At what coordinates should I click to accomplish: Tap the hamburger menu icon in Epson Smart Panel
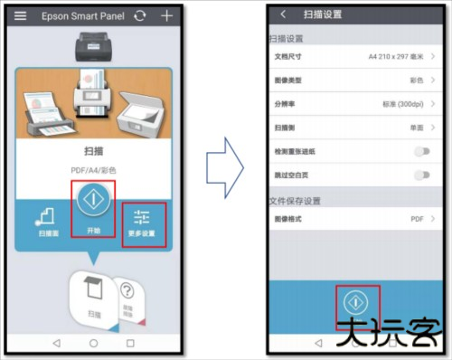tap(20, 16)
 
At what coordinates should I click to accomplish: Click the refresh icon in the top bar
tap(138, 16)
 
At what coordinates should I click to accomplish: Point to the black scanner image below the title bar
tap(93, 43)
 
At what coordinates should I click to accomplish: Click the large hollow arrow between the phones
tap(221, 166)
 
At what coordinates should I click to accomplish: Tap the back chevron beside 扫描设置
tap(284, 14)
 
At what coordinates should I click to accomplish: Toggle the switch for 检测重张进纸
tap(421, 152)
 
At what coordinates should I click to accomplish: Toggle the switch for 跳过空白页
tap(421, 175)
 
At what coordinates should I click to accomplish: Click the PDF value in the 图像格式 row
tap(417, 219)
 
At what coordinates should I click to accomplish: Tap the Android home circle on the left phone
tap(92, 343)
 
